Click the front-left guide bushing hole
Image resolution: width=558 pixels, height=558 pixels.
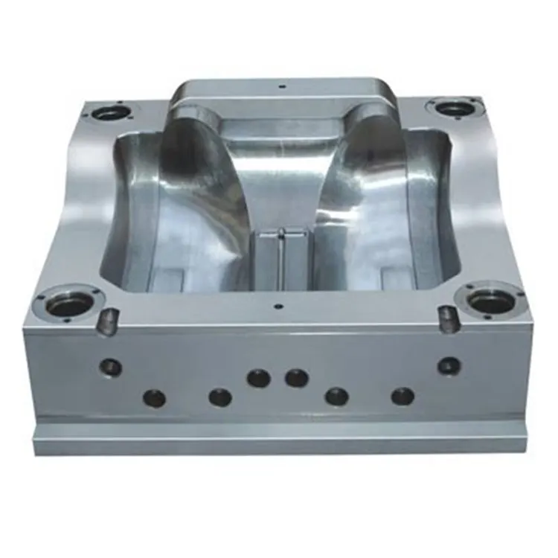pos(71,303)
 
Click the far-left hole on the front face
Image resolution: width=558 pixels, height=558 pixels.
pos(111,366)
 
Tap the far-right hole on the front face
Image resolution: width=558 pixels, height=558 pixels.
pos(449,365)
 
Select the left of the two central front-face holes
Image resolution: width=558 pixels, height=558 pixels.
pos(258,378)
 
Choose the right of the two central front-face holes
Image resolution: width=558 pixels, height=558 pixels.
pos(296,378)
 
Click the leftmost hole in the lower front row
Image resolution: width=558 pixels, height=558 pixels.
pos(154,398)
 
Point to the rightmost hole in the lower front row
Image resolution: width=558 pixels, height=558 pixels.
pos(403,397)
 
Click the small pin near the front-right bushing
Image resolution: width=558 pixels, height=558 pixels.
pos(448,318)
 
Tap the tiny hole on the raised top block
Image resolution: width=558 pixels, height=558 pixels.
pos(282,86)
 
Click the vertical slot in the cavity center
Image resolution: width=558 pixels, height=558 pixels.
pos(281,257)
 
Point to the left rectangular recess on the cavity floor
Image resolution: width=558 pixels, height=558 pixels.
pos(165,279)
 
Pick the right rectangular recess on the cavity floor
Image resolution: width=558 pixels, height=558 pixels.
pos(397,278)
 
